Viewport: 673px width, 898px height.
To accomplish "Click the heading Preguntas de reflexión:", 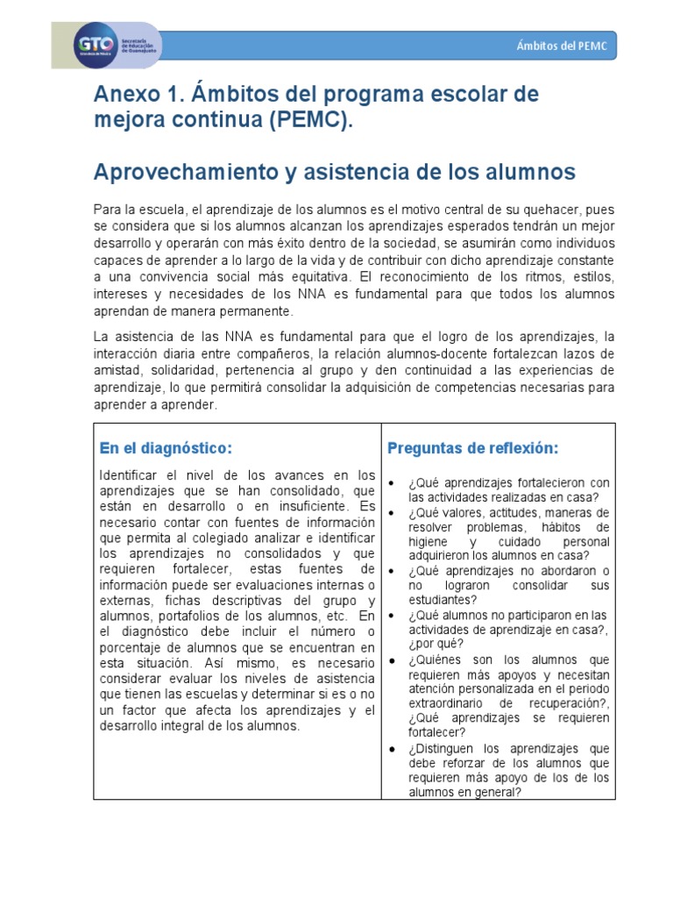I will pos(472,448).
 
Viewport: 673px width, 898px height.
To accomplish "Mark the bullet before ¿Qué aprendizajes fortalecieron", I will pos(393,483).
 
